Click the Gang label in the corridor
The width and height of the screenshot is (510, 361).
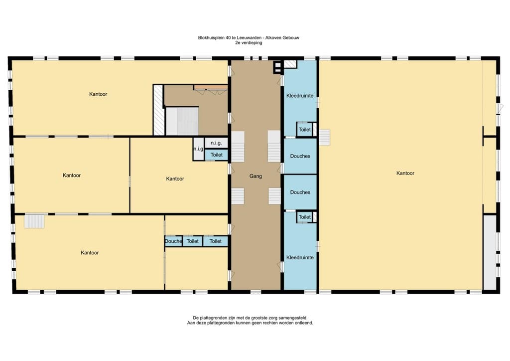coord(255,176)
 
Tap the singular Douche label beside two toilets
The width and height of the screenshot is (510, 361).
coord(173,241)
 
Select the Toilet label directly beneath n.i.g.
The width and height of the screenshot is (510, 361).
coord(216,155)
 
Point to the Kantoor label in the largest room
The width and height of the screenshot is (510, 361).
coord(405,173)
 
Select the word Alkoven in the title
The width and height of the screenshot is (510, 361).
coord(273,38)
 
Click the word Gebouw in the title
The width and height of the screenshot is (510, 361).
coord(290,38)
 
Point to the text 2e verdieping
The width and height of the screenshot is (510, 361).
coord(249,43)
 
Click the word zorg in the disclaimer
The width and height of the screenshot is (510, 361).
coord(272,318)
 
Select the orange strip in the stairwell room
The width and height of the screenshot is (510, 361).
coord(211,87)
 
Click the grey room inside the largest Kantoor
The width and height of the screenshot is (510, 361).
coord(490,252)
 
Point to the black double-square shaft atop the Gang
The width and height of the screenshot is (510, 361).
coord(277,67)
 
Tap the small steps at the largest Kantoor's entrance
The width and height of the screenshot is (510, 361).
coord(324,137)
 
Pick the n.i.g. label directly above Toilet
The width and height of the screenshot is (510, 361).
coord(216,143)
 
